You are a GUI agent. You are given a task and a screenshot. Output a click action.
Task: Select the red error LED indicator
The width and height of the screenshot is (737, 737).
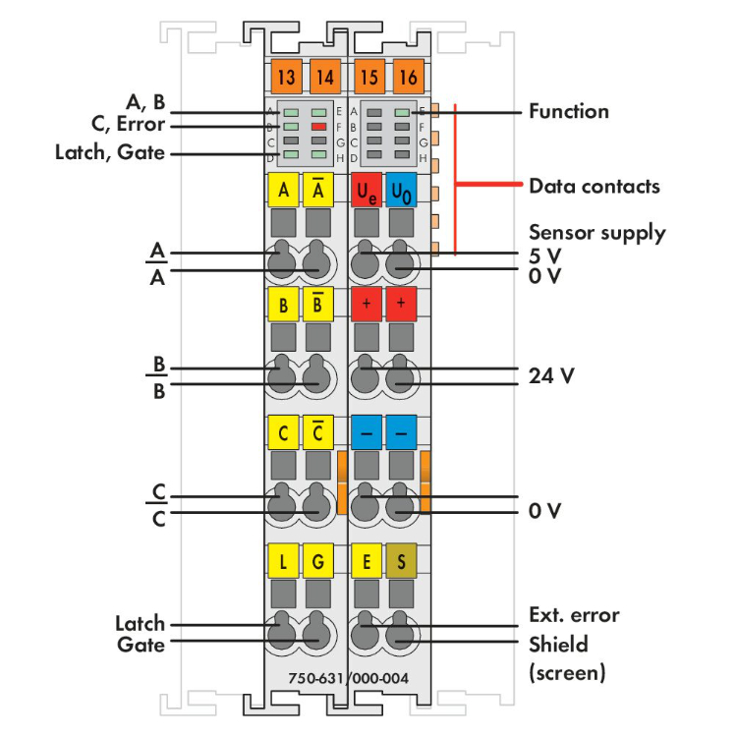(x=318, y=127)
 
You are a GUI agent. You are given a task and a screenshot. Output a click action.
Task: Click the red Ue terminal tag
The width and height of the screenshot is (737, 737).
(x=366, y=190)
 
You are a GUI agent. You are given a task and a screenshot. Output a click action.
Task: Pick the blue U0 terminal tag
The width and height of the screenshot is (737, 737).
(x=401, y=190)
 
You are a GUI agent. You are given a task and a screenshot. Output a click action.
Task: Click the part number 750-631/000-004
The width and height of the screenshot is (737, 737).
(x=349, y=678)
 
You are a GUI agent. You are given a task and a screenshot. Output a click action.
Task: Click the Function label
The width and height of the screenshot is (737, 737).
(x=569, y=111)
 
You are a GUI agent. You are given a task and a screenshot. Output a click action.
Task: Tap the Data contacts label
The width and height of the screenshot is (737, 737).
(x=595, y=185)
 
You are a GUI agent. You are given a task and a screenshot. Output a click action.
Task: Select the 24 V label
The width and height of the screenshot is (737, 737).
(x=550, y=374)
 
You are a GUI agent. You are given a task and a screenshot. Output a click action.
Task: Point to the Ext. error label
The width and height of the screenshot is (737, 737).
(x=574, y=615)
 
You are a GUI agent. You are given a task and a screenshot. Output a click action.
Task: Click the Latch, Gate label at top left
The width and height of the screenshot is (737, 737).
(x=110, y=152)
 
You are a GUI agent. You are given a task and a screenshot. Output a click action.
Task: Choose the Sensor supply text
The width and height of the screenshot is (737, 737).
(x=597, y=233)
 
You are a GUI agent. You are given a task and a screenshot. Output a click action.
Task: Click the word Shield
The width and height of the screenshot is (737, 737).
(x=558, y=645)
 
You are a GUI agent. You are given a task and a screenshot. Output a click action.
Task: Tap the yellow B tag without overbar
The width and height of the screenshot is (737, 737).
(x=283, y=305)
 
